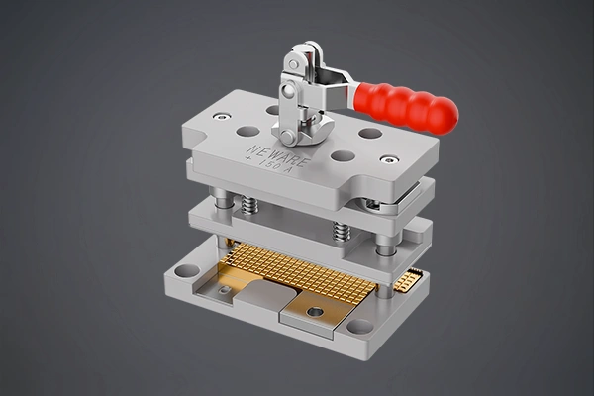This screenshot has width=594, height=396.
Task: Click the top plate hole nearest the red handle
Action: [x=369, y=133]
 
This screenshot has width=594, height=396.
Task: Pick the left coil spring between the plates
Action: [x=250, y=205]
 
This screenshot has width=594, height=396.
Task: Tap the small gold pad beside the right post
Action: [x=407, y=280]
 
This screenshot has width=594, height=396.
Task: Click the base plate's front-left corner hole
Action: [x=186, y=270]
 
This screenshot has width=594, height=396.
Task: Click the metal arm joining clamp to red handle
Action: [x=337, y=85]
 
